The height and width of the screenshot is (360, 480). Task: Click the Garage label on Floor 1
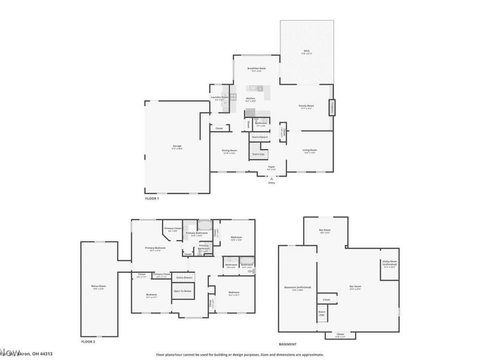(178, 146)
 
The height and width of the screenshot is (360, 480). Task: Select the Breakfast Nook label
(257, 69)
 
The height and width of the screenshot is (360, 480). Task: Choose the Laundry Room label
(220, 97)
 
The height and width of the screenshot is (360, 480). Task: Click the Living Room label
(310, 151)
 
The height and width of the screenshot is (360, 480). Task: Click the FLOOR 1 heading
(152, 197)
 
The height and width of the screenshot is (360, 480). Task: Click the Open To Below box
(182, 292)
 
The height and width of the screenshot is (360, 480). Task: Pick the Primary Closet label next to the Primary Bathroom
(173, 228)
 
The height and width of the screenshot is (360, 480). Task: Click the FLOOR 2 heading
(88, 341)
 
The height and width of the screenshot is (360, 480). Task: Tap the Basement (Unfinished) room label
(298, 288)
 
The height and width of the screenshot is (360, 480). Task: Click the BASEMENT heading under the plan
(289, 344)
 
